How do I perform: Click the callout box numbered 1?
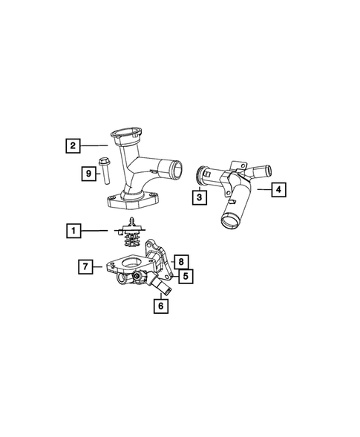coord(73,232)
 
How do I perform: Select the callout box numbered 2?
coord(72,145)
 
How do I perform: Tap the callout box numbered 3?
coord(198,197)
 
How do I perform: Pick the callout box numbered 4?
coord(277,190)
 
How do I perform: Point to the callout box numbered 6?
coord(160,304)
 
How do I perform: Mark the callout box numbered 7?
coord(85,265)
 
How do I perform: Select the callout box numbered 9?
coord(88,174)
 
